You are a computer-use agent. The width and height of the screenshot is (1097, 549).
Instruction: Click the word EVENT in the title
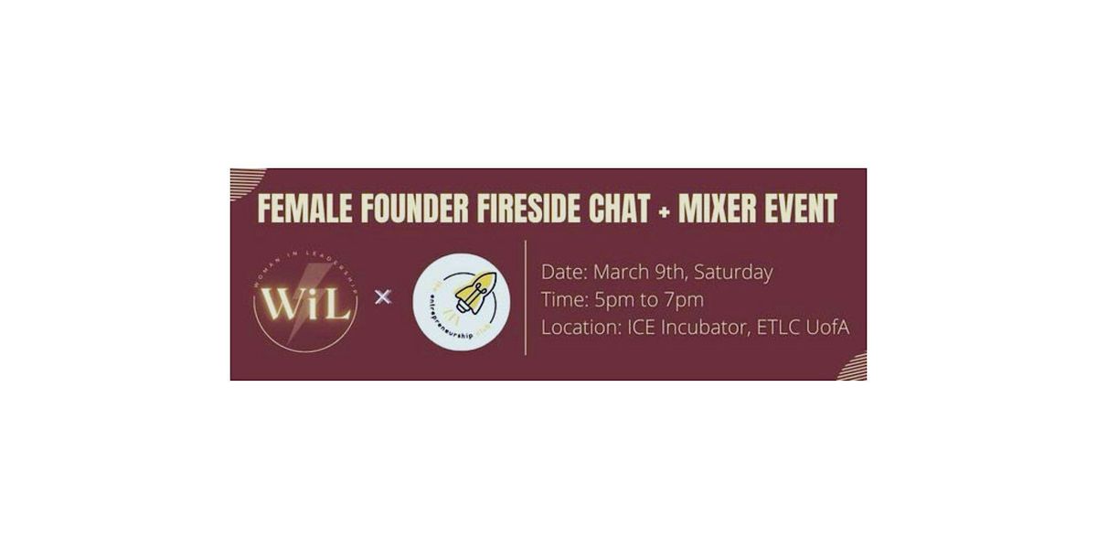point(803,209)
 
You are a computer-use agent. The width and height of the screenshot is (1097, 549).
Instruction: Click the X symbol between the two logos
point(384,296)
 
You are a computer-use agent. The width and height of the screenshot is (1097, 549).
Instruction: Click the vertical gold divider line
point(525,297)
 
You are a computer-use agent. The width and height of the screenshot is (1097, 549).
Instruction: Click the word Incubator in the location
point(704,327)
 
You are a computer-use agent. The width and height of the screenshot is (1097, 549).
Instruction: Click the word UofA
point(829,327)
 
